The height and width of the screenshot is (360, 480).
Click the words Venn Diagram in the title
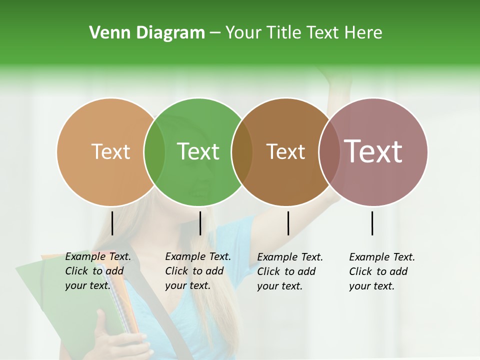point(147,33)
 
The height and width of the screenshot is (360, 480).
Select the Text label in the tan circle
point(110,151)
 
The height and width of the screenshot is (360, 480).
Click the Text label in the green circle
point(198,151)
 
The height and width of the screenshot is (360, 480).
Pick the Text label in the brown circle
point(285,151)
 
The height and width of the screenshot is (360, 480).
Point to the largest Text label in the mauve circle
point(373,151)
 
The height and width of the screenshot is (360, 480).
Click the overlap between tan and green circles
point(154,152)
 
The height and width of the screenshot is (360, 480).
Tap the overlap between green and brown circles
point(242,152)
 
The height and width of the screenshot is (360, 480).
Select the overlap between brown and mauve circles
point(329,152)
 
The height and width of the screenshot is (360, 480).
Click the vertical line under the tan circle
point(112,223)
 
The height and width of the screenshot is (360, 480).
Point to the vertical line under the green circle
point(200,223)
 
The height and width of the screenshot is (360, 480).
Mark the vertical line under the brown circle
point(288,223)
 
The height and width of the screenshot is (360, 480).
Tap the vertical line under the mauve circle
point(372,223)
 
